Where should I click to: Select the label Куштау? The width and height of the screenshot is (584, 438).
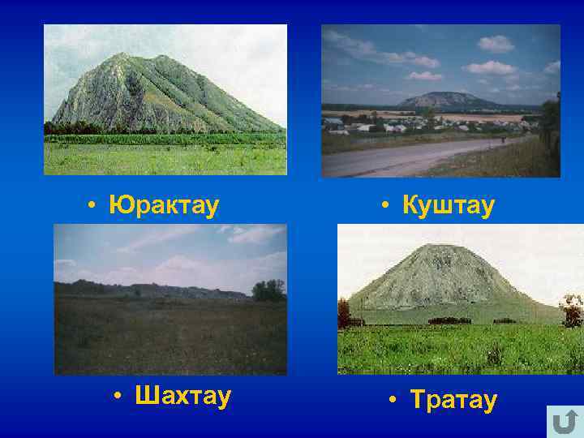[447, 205]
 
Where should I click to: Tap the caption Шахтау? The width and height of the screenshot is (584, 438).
[183, 397]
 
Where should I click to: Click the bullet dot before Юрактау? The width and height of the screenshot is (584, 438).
[94, 206]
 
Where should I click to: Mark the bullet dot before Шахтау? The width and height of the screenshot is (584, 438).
[118, 397]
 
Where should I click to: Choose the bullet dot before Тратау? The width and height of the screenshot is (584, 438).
[392, 401]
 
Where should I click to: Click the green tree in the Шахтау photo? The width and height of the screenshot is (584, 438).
[268, 290]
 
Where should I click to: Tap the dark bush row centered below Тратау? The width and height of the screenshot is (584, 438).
[449, 320]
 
